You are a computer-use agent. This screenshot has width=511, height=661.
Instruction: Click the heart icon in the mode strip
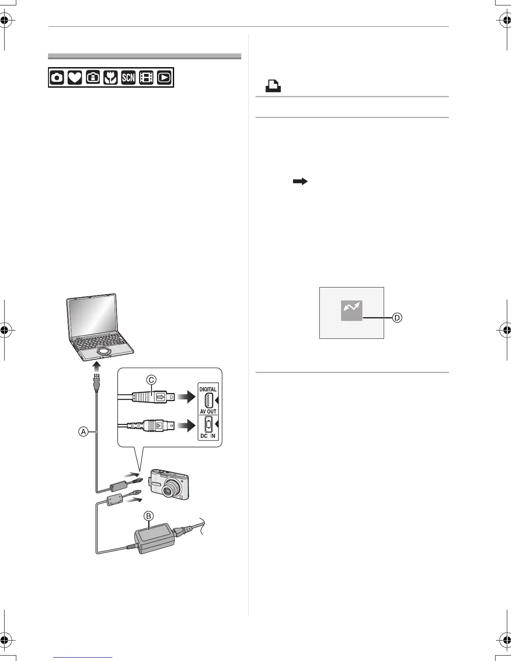click(x=74, y=78)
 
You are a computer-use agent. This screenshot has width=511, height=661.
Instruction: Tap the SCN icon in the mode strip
click(x=128, y=78)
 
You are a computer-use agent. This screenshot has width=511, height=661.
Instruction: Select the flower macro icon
click(x=111, y=78)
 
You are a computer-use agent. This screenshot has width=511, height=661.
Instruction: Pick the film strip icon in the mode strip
click(x=146, y=78)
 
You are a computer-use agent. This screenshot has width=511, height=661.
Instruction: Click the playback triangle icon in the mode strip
click(x=164, y=78)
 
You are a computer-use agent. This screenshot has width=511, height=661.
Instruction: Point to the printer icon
click(x=273, y=86)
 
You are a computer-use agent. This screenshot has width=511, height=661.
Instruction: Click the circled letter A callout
click(x=83, y=432)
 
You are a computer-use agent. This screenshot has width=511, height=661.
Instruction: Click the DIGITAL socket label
click(x=208, y=389)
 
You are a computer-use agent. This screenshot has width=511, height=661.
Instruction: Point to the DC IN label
click(x=207, y=436)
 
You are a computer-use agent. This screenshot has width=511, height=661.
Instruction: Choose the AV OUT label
click(x=208, y=411)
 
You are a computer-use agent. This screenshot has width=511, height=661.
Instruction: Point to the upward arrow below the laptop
click(x=97, y=367)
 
